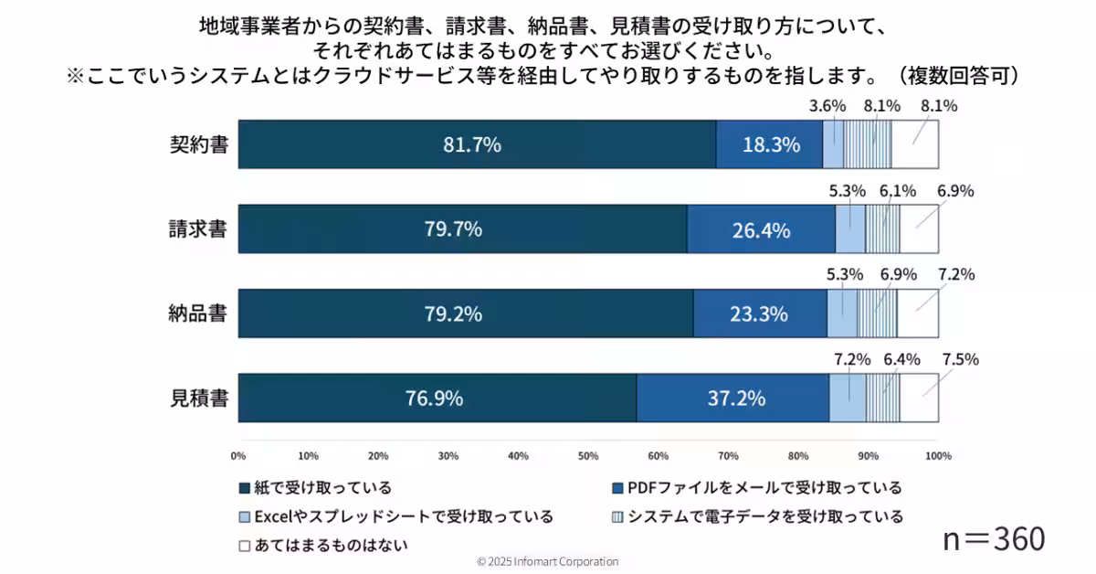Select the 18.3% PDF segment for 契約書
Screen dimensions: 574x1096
769,144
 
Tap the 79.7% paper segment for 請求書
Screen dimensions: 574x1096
453,229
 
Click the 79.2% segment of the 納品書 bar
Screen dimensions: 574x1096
453,314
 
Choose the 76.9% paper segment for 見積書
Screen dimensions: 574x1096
434,398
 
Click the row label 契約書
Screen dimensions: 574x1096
199,144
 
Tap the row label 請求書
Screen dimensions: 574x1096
199,229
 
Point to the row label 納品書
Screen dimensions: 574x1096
199,314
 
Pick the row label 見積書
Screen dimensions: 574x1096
199,398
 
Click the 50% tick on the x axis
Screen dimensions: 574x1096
588,455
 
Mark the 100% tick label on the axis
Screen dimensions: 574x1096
937,455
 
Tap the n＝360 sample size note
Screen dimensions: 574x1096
993,539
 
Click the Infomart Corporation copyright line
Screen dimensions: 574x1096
548,561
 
